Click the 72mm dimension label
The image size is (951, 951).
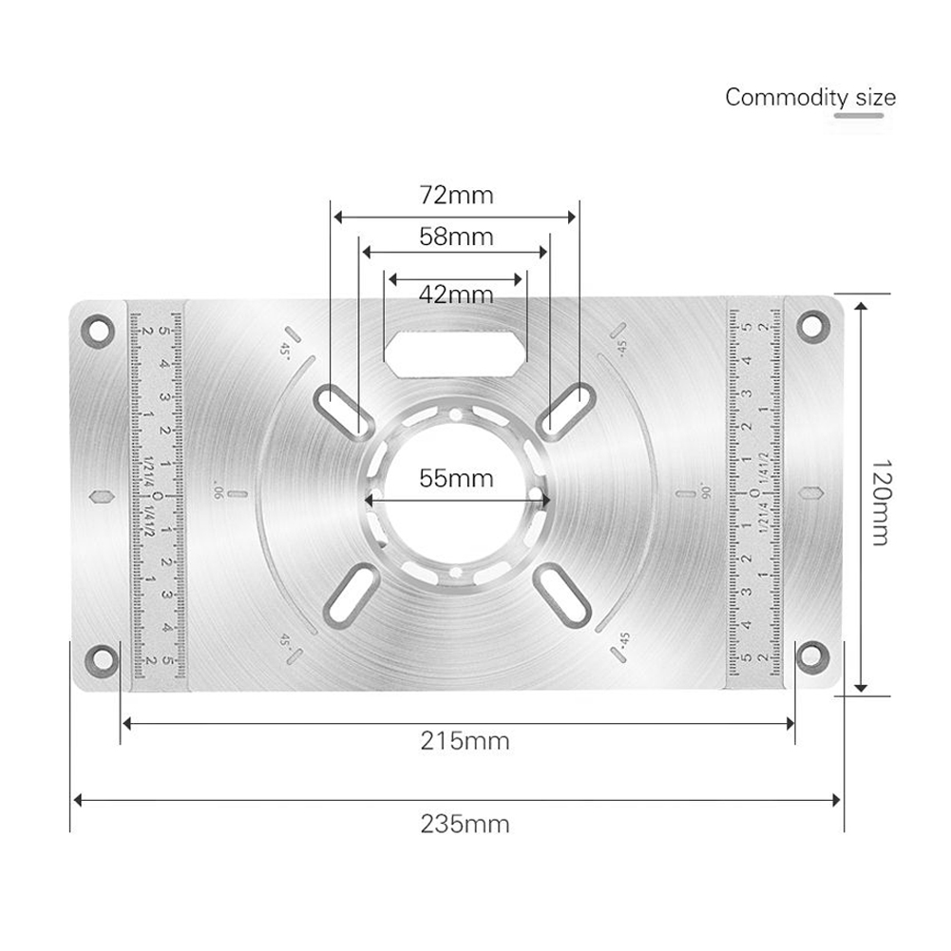point(457,196)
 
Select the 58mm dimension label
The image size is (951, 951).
point(457,237)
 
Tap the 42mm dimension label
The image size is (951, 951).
point(457,294)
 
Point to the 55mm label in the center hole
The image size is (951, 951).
point(457,478)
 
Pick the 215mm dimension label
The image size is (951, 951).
point(465,740)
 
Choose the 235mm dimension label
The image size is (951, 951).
point(465,823)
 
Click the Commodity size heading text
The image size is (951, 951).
point(809,97)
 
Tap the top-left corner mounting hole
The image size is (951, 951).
point(97,331)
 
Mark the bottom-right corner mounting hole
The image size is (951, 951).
point(810,653)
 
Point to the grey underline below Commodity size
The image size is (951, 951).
point(858,116)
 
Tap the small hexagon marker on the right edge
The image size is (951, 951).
point(811,493)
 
